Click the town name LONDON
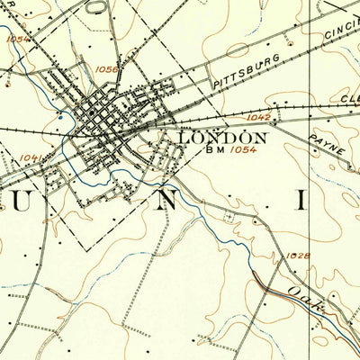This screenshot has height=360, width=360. [224, 138]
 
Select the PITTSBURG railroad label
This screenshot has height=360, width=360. [247, 71]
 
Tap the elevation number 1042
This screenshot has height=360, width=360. [256, 117]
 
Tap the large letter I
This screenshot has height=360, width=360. [302, 200]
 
